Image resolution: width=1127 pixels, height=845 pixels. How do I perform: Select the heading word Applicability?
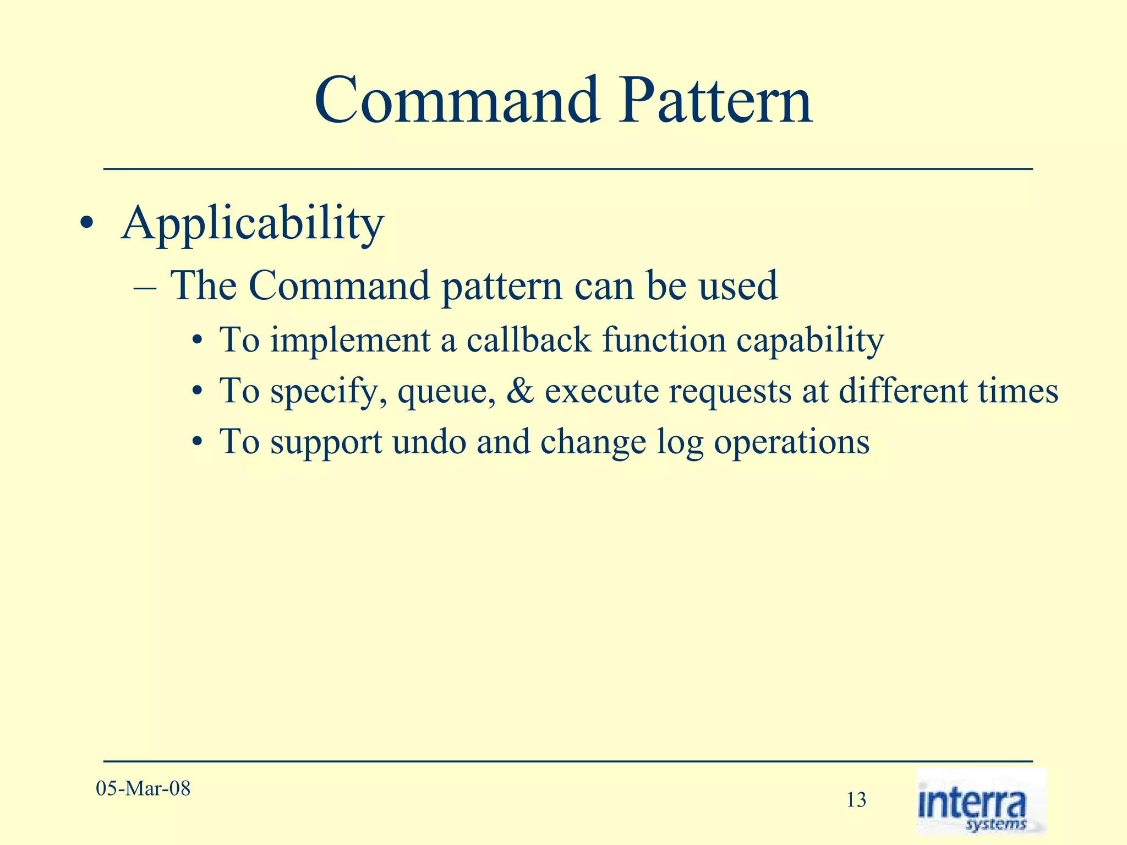tap(252, 224)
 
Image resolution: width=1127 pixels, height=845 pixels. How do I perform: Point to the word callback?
tap(528, 339)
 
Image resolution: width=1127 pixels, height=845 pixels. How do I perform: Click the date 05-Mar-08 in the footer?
tap(143, 789)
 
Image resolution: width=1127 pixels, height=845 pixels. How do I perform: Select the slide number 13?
tap(856, 800)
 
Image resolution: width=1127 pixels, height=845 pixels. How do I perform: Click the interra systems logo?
tap(981, 802)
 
